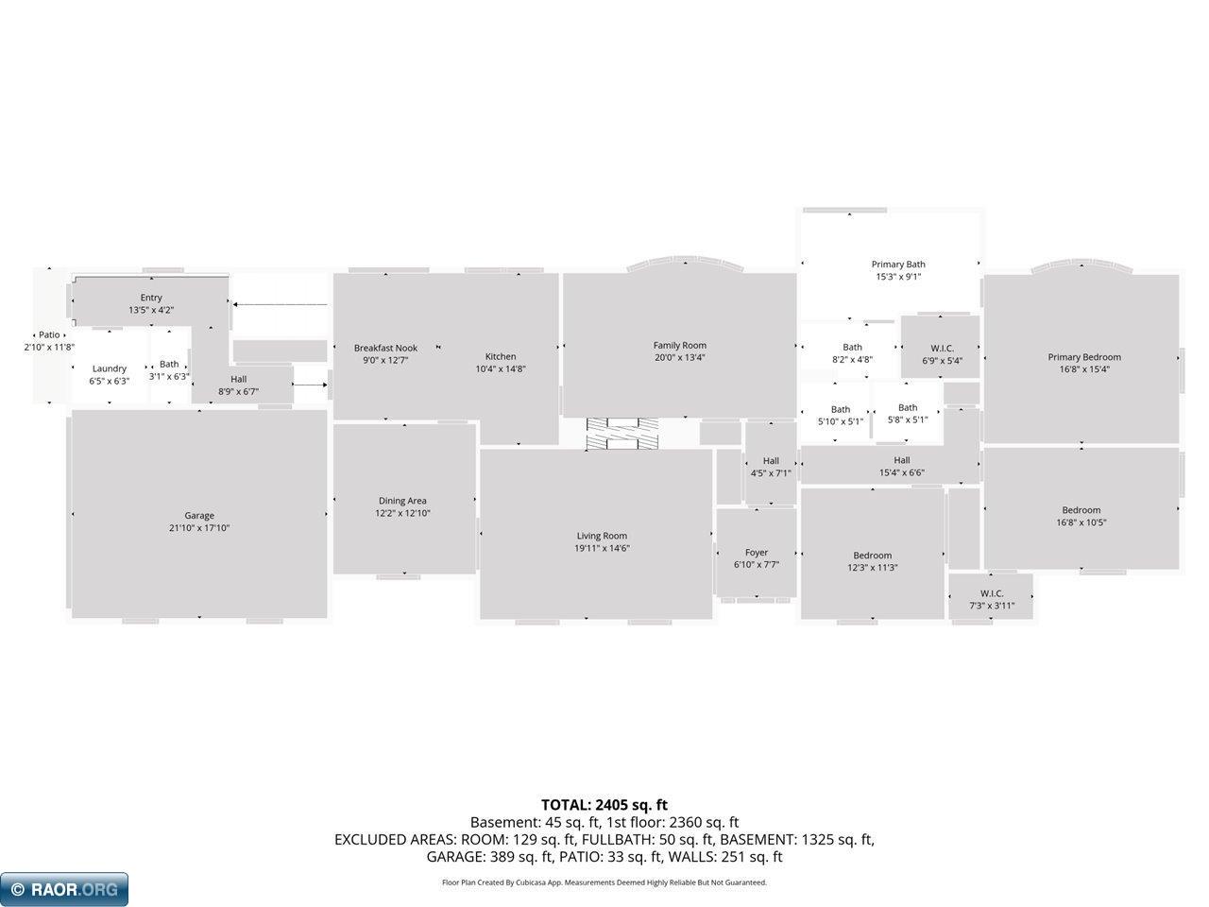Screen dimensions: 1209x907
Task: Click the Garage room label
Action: click(199, 516)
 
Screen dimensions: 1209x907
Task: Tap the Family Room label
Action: click(679, 345)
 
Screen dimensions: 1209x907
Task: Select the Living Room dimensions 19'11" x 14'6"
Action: click(602, 548)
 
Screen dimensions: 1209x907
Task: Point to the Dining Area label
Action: click(402, 501)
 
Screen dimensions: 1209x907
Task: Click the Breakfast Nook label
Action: click(385, 348)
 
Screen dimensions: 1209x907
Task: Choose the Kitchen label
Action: click(500, 356)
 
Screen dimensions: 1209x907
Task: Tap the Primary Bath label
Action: click(898, 265)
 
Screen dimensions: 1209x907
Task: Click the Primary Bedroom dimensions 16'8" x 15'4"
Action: click(1084, 369)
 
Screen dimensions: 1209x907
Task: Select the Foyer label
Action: click(757, 552)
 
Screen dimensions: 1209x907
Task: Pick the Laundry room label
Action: click(109, 368)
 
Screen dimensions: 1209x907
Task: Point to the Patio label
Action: click(49, 334)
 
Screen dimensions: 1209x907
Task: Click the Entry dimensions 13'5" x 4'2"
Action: click(151, 310)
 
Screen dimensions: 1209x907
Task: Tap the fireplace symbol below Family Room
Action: click(622, 434)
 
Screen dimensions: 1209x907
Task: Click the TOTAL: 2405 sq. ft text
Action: click(604, 805)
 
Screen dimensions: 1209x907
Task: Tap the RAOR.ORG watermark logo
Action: click(64, 889)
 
